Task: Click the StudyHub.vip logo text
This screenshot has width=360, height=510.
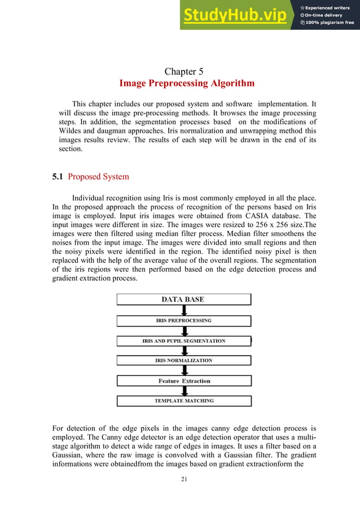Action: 234,15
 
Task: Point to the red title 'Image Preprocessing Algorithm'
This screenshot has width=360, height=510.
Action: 187,84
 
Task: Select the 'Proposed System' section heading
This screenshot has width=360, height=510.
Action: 98,177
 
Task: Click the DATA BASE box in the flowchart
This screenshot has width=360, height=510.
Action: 183,299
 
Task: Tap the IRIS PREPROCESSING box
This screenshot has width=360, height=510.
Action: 183,320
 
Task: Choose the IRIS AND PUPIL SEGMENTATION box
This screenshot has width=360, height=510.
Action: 183,341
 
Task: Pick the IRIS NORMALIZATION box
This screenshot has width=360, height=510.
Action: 183,360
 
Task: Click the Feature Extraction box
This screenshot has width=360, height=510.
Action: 183,381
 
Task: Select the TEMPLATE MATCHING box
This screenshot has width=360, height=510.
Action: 183,401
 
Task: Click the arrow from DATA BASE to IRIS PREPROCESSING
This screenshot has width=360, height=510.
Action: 183,310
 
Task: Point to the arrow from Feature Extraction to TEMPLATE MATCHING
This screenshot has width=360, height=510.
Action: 183,391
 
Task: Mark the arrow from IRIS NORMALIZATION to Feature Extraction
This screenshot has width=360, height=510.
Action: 183,370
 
